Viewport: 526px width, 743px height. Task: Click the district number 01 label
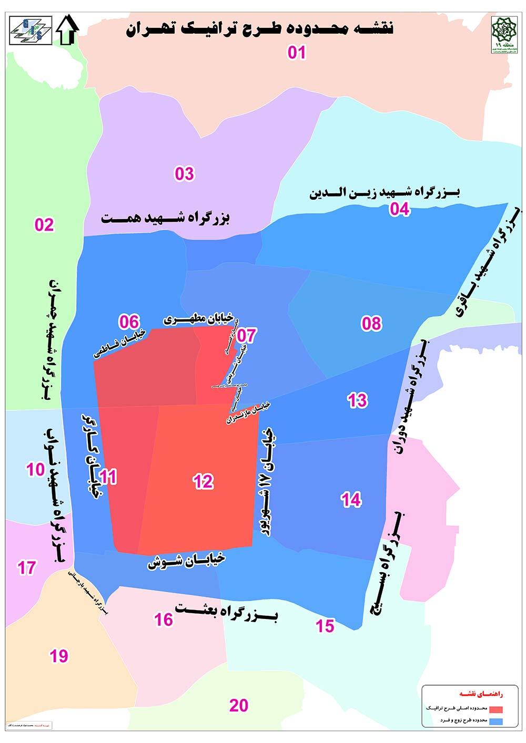tap(297, 53)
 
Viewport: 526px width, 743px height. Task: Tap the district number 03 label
tap(184, 173)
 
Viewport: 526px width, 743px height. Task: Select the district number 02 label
tap(44, 225)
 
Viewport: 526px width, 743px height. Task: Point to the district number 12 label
tap(203, 481)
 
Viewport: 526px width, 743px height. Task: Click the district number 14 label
tap(351, 500)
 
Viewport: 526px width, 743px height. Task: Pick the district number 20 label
tap(239, 705)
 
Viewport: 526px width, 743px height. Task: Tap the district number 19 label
tap(59, 656)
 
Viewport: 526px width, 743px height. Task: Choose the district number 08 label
tap(371, 323)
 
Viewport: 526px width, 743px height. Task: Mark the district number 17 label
tap(26, 568)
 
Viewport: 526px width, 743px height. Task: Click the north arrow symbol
tap(67, 30)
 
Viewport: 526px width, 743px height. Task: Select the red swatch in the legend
tap(496, 708)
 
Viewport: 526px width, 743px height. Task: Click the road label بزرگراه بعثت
tap(227, 612)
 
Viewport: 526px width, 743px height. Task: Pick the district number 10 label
tap(36, 469)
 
